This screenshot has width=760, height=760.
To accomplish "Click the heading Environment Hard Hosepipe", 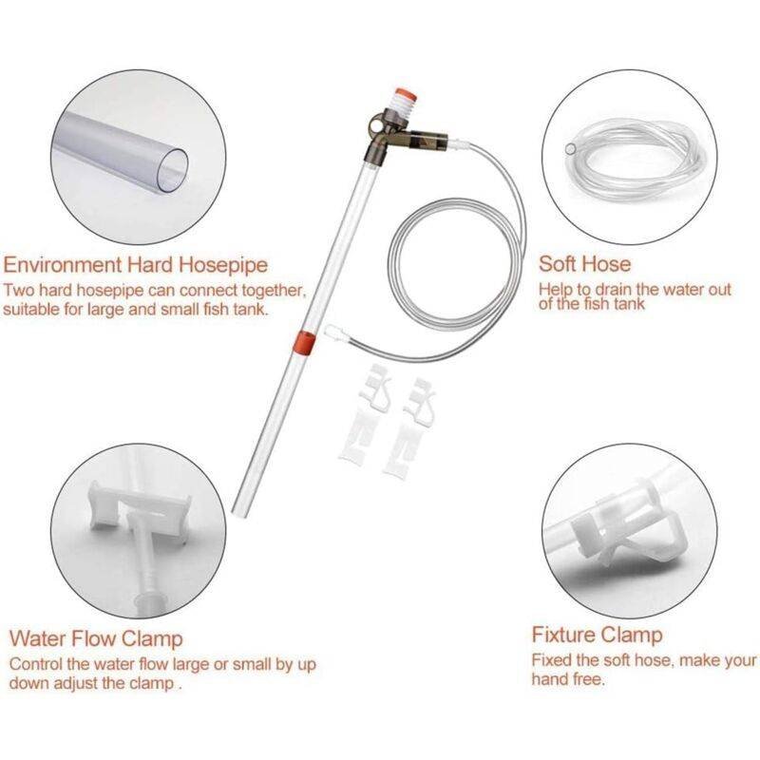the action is tap(135, 265).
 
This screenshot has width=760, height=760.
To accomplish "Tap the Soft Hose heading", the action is tap(584, 264).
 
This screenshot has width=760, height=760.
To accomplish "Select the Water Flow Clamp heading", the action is tap(96, 638).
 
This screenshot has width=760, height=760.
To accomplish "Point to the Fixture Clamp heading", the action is tap(598, 635).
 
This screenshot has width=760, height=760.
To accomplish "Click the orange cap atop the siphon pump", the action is tap(402, 93).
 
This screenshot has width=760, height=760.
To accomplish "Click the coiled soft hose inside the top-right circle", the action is tap(630, 160).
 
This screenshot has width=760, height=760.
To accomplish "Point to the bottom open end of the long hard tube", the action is tap(238, 511).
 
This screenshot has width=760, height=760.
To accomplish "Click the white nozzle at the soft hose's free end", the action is tap(334, 333).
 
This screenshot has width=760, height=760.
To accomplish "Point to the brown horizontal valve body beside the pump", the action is tap(423, 140).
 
